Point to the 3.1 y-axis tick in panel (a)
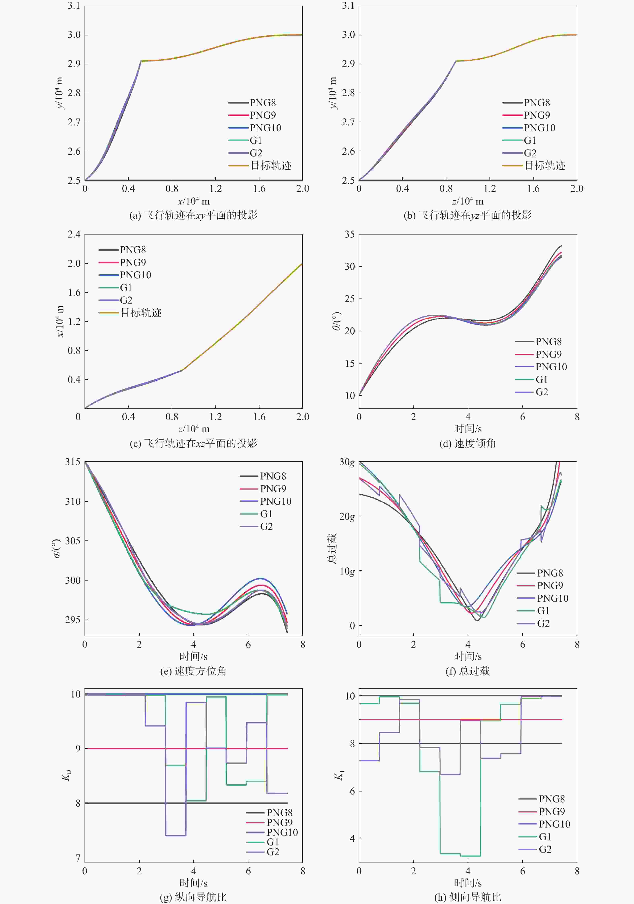point(74,6)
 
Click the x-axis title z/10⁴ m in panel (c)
point(193,429)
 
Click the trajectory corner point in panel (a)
point(141,61)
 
